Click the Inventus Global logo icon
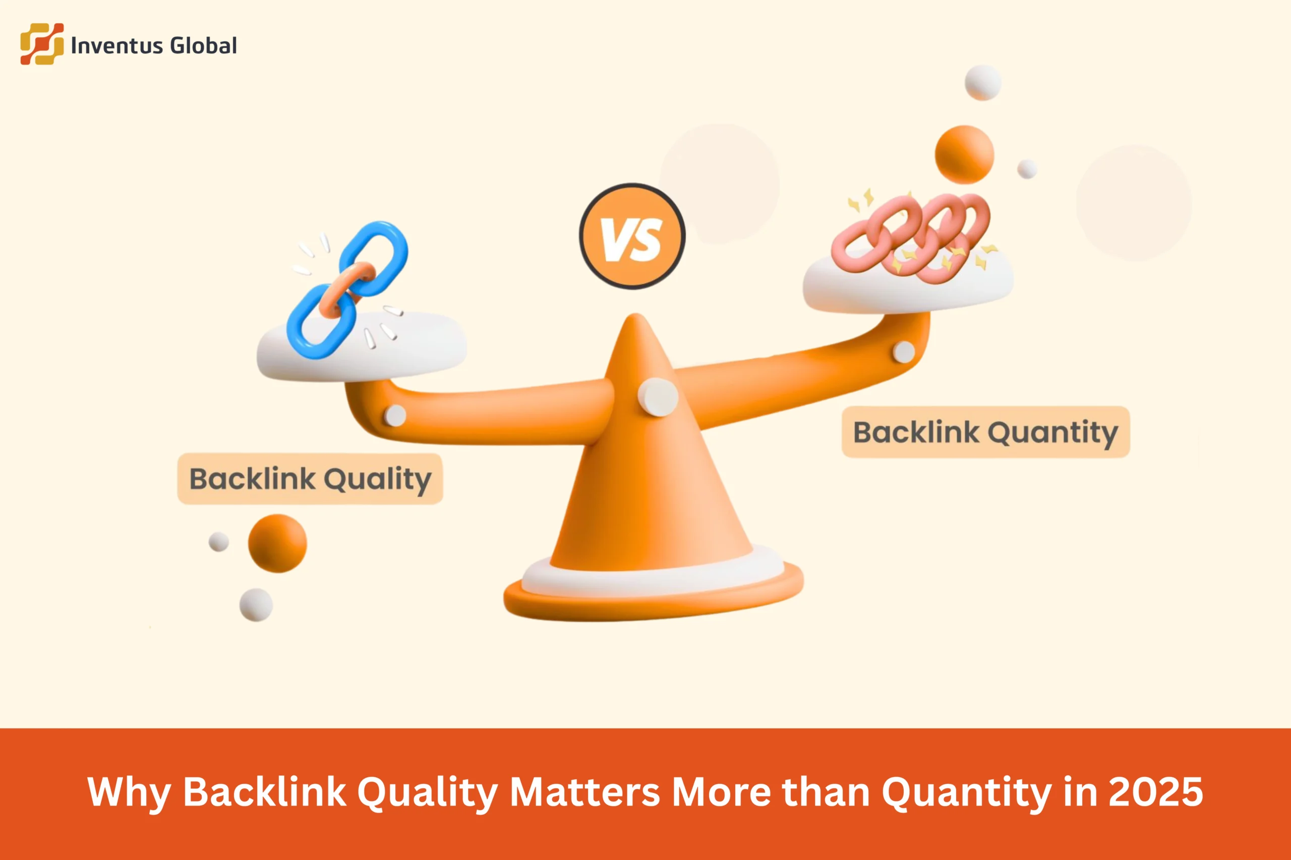pyautogui.click(x=42, y=44)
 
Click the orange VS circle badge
pyautogui.click(x=632, y=236)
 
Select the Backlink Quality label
pyautogui.click(x=310, y=479)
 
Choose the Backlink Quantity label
pyautogui.click(x=985, y=432)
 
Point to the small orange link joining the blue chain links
pyautogui.click(x=347, y=286)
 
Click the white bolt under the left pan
pyautogui.click(x=394, y=416)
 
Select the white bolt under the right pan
pyautogui.click(x=904, y=351)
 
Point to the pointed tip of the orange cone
pyautogui.click(x=636, y=321)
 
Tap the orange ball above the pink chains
pyautogui.click(x=964, y=154)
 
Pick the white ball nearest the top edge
pyautogui.click(x=983, y=83)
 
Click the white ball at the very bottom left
pyautogui.click(x=256, y=605)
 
